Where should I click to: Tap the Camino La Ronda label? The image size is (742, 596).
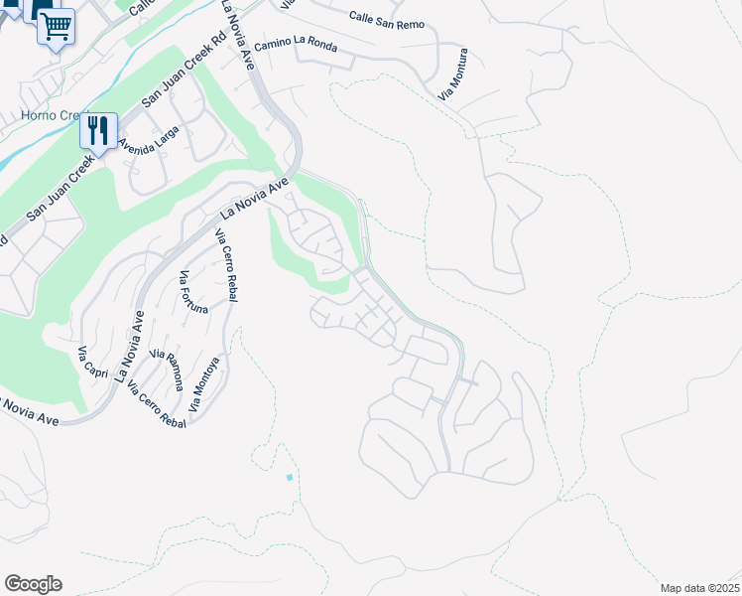tap(296, 46)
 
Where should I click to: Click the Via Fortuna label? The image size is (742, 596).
tap(193, 292)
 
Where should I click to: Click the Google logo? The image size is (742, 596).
tap(33, 584)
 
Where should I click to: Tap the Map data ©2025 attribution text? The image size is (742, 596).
tap(698, 588)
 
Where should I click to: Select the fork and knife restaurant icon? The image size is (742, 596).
tap(98, 130)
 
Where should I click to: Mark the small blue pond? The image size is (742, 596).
tap(290, 478)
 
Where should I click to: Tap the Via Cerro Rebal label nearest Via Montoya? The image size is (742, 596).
tap(156, 404)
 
